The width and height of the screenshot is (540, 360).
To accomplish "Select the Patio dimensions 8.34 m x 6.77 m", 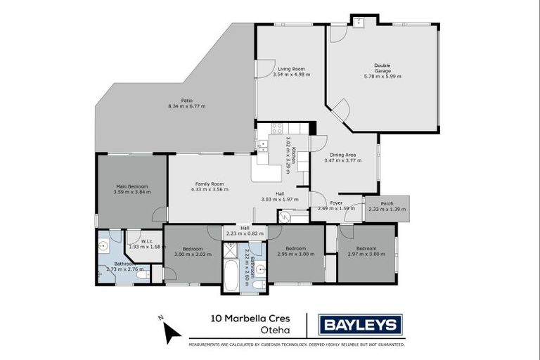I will coord(186,106).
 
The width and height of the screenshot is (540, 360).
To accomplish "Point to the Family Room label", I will coord(212,184).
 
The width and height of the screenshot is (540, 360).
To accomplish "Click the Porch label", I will coord(387,204).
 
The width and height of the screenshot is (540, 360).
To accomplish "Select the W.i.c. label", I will coord(148,242).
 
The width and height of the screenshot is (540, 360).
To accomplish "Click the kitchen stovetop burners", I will coord(277,129).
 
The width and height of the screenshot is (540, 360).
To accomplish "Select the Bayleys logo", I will coord(361,325).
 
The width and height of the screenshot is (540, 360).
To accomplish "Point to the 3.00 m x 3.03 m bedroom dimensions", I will coord(193,254).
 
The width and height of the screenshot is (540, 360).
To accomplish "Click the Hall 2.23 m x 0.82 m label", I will coord(245,231).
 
